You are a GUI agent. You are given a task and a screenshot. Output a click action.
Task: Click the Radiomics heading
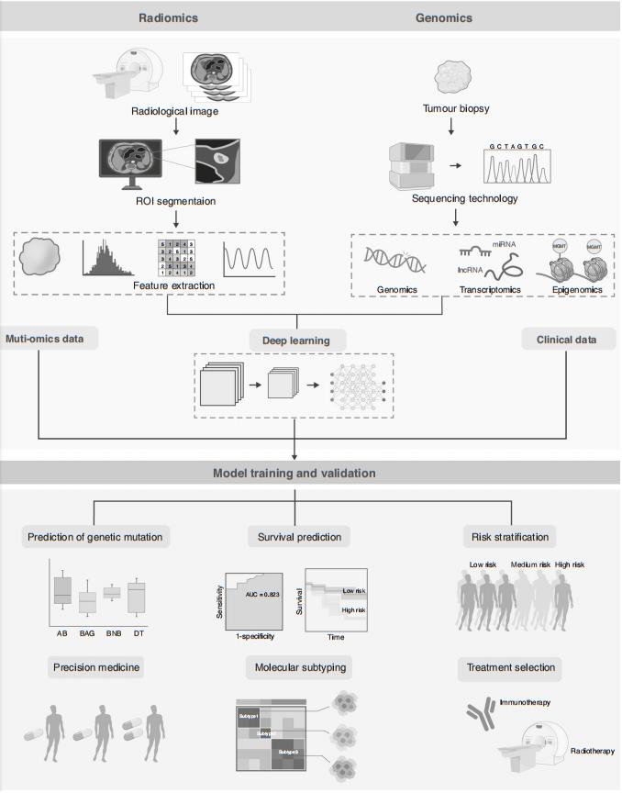168,17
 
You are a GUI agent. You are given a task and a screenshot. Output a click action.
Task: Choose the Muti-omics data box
43,338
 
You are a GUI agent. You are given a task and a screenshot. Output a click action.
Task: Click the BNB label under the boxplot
111,633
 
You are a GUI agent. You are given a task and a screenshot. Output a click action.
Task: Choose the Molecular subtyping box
294,667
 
